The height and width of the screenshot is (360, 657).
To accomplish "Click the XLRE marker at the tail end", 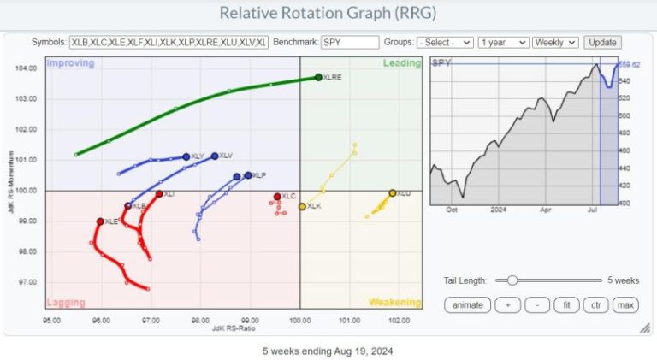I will tap(318, 77).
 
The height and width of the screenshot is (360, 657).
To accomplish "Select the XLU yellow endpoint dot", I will tap(393, 193).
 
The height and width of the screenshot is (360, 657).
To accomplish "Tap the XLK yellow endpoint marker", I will tap(302, 207).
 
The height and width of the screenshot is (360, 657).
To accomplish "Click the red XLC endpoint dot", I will tap(277, 197).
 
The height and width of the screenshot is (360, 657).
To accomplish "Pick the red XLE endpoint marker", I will tap(101, 221).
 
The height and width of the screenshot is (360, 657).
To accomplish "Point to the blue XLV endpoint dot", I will tap(214, 156).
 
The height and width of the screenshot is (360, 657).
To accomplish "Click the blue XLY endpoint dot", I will tap(186, 156).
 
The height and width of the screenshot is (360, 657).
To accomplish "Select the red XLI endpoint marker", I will tap(159, 194).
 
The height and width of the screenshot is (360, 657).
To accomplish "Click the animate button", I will tap(469, 304).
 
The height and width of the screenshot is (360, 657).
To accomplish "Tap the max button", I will tap(626, 304).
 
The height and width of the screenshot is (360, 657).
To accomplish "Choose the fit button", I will tap(565, 304).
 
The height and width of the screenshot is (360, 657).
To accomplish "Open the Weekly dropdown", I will tap(555, 42).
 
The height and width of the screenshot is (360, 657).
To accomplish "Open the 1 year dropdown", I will tap(502, 42).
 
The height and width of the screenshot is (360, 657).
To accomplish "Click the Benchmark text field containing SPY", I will tap(349, 42).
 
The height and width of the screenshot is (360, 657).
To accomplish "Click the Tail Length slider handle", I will tap(512, 280).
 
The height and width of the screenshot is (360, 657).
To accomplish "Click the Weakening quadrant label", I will tap(394, 302).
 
